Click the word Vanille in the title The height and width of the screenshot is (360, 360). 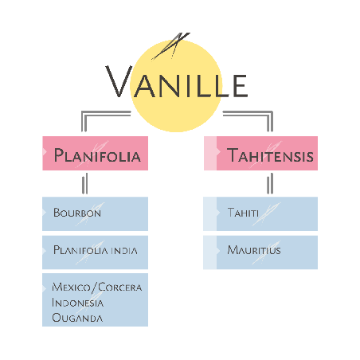click(177, 81)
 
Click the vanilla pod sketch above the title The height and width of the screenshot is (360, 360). click(170, 45)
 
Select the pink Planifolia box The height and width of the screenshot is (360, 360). click(95, 153)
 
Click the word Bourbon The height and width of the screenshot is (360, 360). click(77, 213)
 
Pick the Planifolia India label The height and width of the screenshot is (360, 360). click(96, 250)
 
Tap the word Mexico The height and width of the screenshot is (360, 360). click(71, 288)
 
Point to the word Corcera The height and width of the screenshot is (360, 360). click(120, 288)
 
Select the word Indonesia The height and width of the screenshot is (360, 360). click(77, 303)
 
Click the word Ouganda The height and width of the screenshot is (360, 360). click(77, 318)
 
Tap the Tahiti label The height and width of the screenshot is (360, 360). click(243, 213)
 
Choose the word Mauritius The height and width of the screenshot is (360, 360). click(254, 250)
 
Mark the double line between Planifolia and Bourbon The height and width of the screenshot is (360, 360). click(84, 183)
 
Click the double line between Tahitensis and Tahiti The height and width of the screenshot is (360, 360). click(270, 183)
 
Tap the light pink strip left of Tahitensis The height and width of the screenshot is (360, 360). click(210, 153)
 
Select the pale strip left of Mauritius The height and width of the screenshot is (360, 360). click(210, 252)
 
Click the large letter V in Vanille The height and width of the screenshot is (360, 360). click(119, 81)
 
